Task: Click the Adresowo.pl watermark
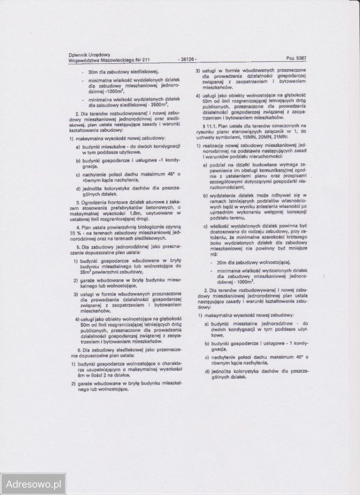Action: coord(32,484)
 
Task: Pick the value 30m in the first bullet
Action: coord(93,72)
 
